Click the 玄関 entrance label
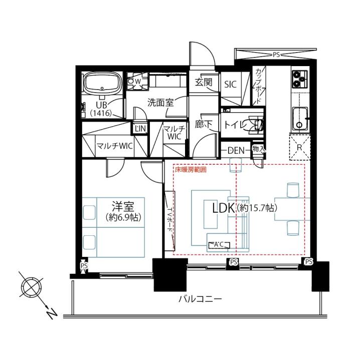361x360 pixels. (x=204, y=82)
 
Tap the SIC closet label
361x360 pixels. (x=230, y=85)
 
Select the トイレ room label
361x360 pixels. (x=234, y=125)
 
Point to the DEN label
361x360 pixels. (x=236, y=151)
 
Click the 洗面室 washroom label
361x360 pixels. (x=160, y=103)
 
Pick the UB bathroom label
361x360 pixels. (x=101, y=105)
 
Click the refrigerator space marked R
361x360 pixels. (x=299, y=147)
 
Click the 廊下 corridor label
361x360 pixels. (x=204, y=124)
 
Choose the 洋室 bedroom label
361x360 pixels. (x=123, y=206)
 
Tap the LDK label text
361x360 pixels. (x=223, y=208)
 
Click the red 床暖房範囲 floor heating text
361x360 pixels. (x=191, y=170)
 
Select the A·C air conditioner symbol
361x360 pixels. (x=219, y=245)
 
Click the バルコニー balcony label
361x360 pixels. (x=200, y=299)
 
